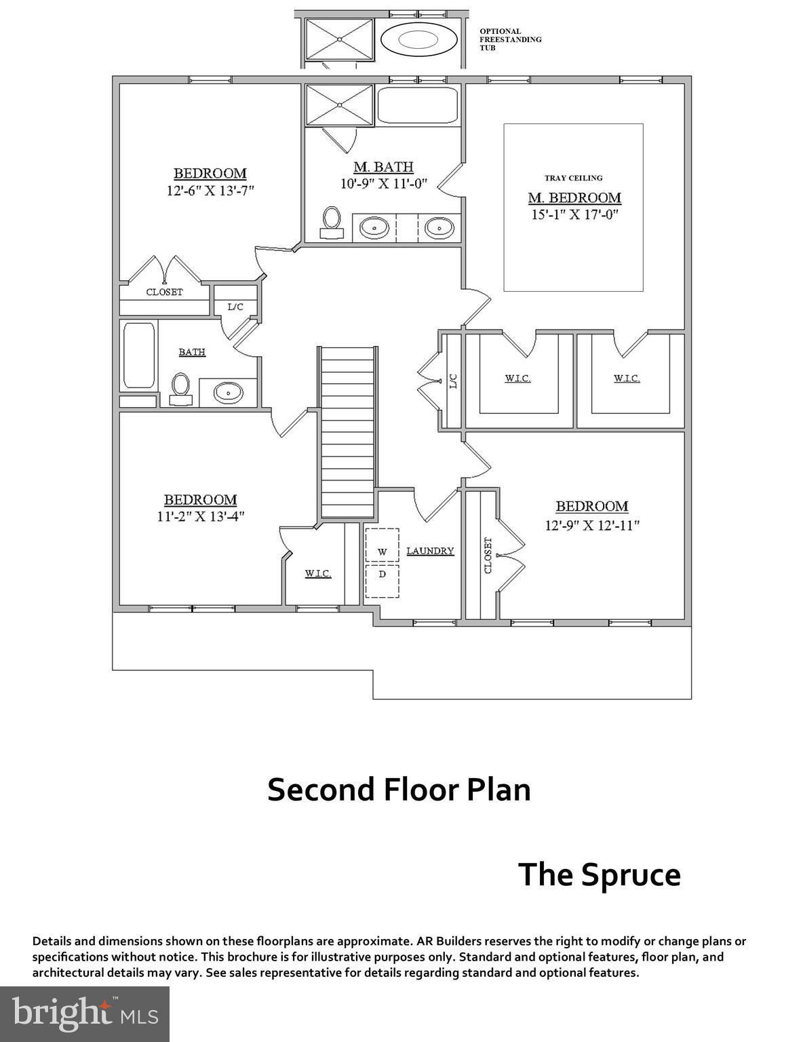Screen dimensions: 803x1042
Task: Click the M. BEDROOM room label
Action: (x=574, y=197)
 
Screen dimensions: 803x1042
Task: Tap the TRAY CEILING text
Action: (x=573, y=178)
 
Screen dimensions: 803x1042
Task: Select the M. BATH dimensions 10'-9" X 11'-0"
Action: (x=383, y=184)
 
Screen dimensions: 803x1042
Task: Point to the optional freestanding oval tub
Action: (x=419, y=40)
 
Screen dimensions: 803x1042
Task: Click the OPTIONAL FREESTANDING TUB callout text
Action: (x=511, y=39)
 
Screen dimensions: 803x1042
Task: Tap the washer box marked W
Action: (x=382, y=545)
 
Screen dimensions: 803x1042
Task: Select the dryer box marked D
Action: (x=382, y=581)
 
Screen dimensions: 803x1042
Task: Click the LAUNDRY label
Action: (x=430, y=551)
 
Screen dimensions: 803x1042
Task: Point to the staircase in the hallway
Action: (x=347, y=431)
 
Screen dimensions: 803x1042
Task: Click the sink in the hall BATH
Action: (x=228, y=393)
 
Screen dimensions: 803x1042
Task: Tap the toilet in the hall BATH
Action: (x=180, y=389)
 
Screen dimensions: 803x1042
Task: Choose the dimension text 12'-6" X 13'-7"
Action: (x=210, y=191)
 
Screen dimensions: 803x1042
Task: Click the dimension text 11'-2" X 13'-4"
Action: (x=201, y=516)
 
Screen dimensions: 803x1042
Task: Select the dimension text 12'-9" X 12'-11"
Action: (x=592, y=526)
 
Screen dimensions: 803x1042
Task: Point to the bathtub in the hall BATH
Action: (x=140, y=355)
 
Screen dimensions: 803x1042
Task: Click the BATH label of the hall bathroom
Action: (x=192, y=352)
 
